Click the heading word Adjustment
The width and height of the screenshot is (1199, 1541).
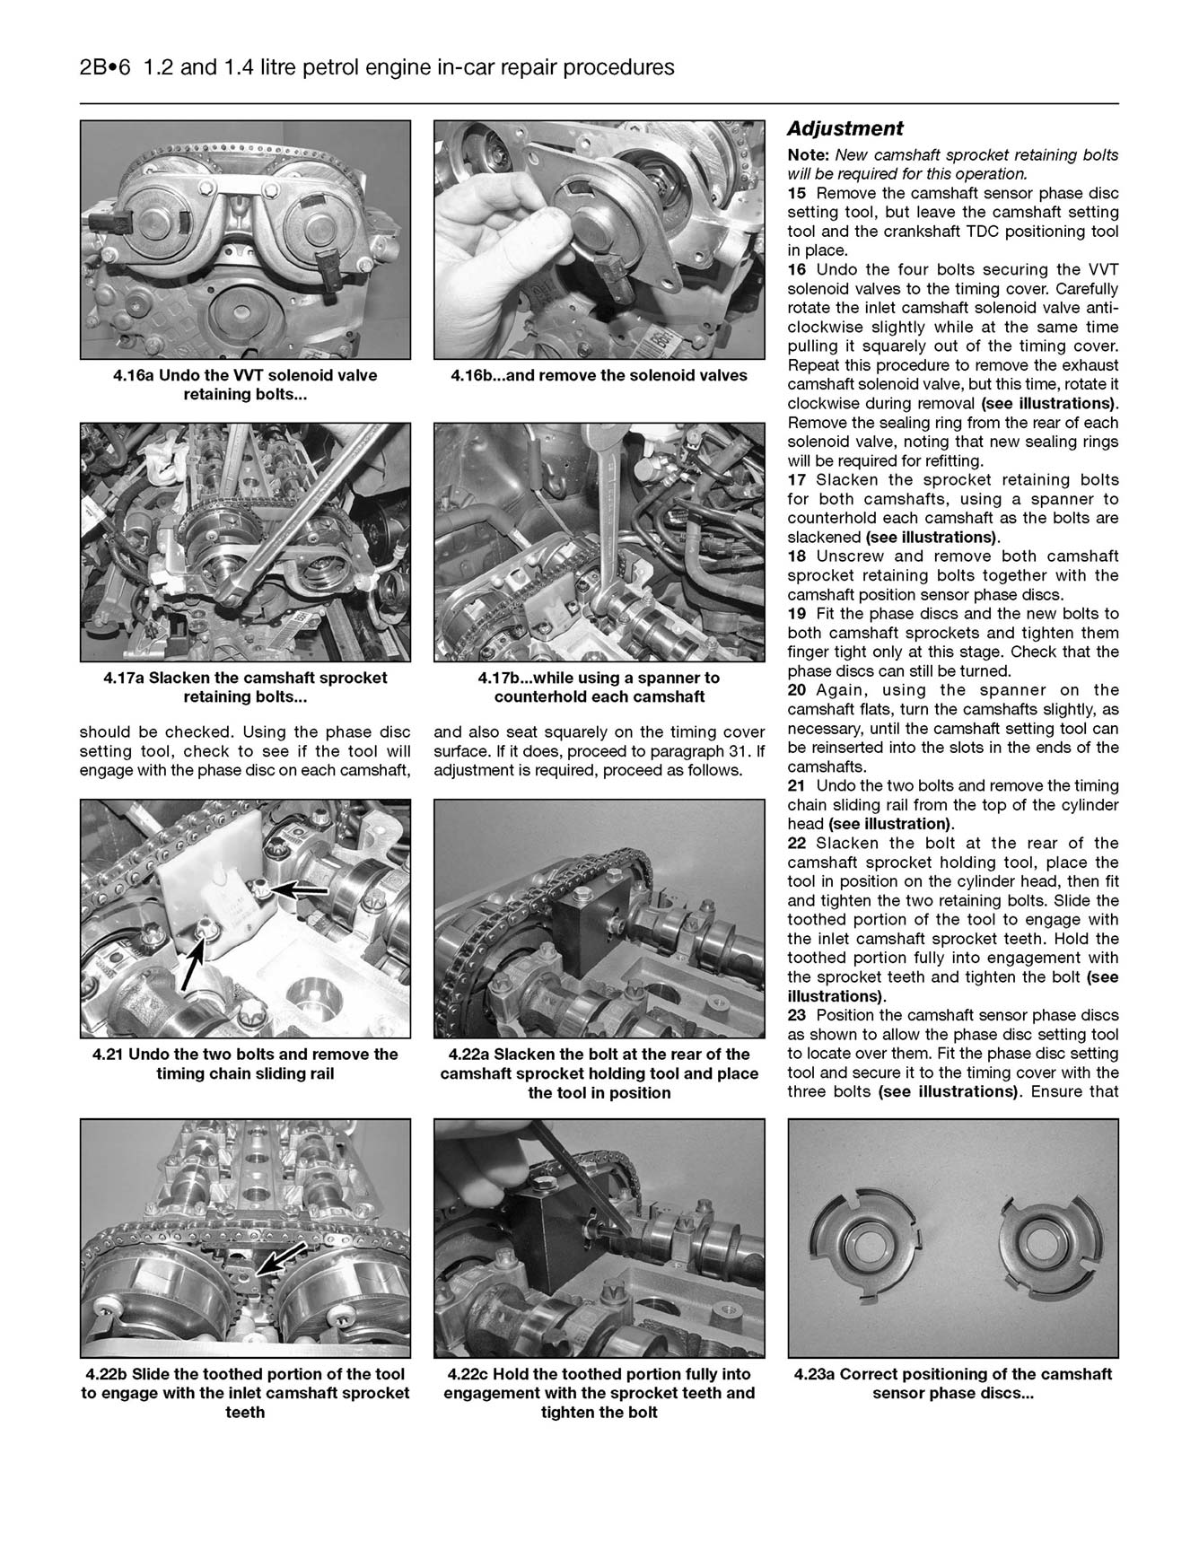845,129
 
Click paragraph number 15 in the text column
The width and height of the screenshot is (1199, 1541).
796,194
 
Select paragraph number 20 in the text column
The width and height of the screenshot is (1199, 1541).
796,690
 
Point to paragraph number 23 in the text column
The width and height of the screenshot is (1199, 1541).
796,1015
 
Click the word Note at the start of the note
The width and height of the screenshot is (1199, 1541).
807,155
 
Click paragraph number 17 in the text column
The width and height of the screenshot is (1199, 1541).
796,480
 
